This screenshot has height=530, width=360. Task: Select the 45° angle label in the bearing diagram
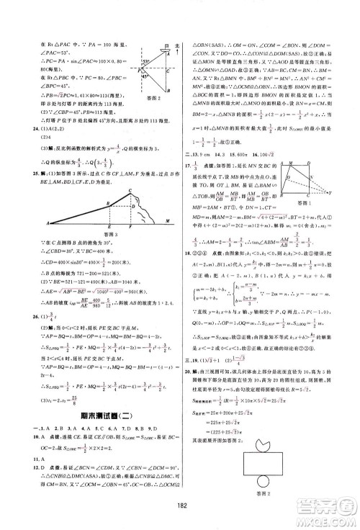click(144, 77)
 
